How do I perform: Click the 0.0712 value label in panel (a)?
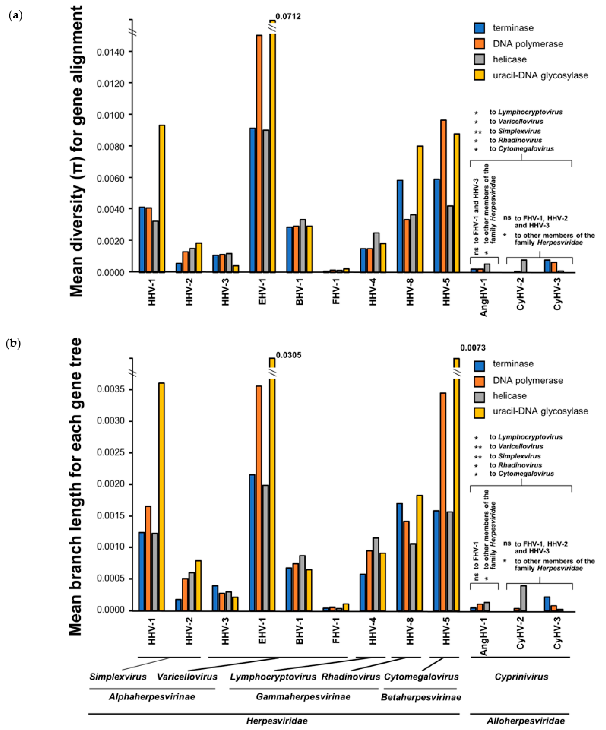288,16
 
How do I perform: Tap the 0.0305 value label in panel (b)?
288,355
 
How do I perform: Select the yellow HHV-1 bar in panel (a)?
162,198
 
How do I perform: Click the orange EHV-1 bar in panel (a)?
259,153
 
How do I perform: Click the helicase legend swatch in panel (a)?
479,59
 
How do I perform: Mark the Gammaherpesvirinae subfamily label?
303,697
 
